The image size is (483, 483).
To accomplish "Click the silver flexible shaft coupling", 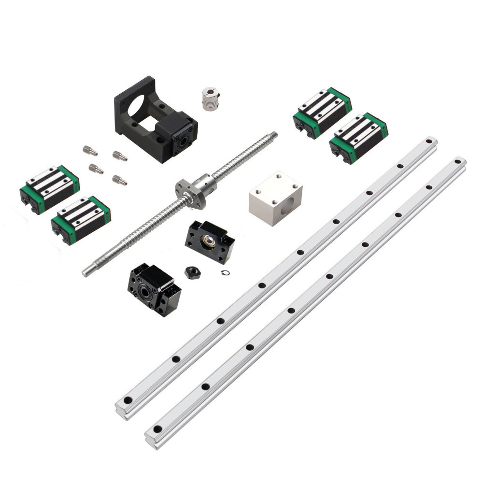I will point(211,99).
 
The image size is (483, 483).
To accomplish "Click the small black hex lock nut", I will point(193,272).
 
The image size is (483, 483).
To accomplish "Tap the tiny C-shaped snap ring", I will point(225,273).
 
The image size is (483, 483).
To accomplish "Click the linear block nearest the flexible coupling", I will point(322,113).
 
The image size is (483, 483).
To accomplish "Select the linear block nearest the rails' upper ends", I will point(358,138).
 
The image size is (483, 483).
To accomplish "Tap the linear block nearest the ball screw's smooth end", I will point(81,220).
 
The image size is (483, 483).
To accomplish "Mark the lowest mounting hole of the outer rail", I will point(157,429).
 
